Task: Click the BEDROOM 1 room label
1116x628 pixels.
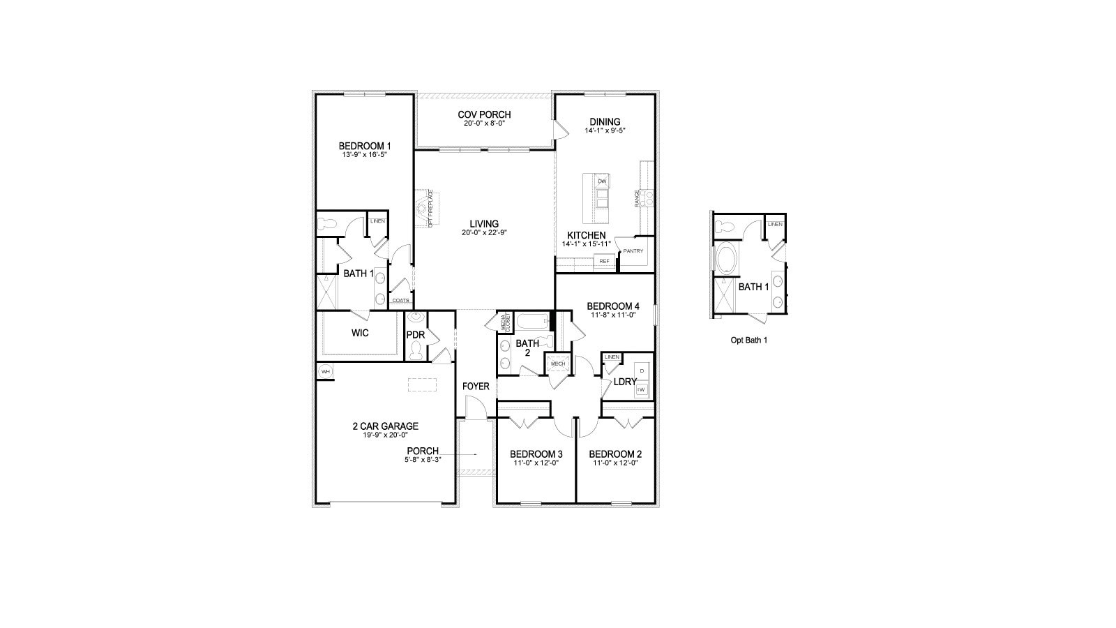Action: [365, 146]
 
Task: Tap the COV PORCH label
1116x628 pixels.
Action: [484, 114]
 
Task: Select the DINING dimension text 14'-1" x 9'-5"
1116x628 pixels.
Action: [605, 130]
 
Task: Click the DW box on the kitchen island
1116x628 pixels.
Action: [602, 181]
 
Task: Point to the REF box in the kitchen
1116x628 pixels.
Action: [604, 261]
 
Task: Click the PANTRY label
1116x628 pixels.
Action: [633, 251]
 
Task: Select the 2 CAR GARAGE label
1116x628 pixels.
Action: [385, 426]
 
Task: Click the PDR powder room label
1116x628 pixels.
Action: [416, 334]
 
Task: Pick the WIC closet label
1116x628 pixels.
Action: [360, 333]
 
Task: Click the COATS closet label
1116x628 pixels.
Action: [400, 301]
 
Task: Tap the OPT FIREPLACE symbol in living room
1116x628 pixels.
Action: [423, 208]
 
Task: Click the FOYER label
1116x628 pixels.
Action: [476, 386]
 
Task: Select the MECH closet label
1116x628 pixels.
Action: [558, 364]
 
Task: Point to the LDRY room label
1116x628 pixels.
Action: [625, 382]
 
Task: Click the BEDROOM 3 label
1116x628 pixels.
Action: [536, 454]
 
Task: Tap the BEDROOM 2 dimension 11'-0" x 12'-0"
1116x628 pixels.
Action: [617, 463]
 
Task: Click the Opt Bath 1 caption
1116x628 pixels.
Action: [749, 340]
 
